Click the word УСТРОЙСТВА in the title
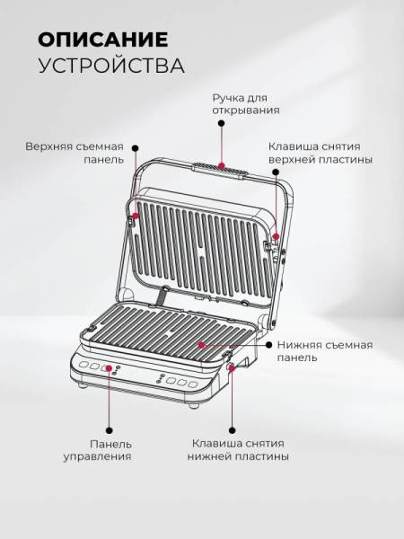click(x=111, y=66)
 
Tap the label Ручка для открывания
click(x=246, y=104)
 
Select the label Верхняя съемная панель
click(x=75, y=153)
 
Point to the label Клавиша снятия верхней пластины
click(x=321, y=153)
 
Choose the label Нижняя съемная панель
click(x=325, y=351)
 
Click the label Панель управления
click(x=97, y=450)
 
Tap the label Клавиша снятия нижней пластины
click(x=238, y=450)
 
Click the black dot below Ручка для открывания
click(x=222, y=123)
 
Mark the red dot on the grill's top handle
click(x=222, y=165)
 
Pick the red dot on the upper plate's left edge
click(x=136, y=216)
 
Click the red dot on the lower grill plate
click(x=202, y=345)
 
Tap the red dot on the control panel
click(x=110, y=368)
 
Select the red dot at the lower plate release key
click(x=233, y=368)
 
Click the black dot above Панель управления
click(x=110, y=430)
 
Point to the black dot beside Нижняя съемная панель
click(x=269, y=345)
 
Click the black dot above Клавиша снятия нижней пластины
click(x=233, y=430)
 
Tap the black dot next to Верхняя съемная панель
click(x=136, y=148)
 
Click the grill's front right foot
click(x=192, y=405)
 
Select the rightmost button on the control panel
click(x=193, y=384)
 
